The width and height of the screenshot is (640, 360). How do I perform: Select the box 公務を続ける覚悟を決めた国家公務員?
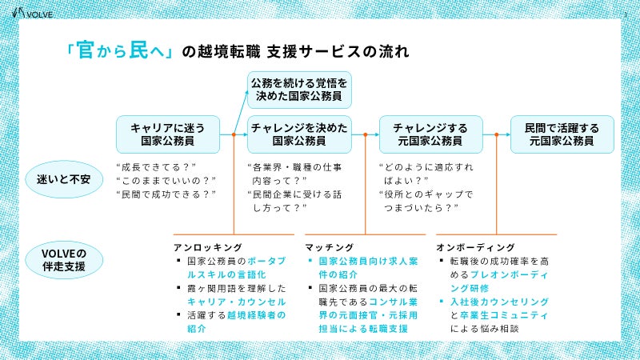pos(299,90)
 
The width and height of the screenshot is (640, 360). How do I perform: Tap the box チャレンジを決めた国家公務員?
pos(299,134)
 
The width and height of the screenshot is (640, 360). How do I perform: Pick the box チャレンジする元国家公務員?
pos(430,134)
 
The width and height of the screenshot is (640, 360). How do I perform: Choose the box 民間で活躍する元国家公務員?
pos(562,134)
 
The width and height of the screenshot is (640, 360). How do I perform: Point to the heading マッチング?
pos(329,247)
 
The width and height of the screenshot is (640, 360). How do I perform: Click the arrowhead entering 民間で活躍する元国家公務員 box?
pos(506,134)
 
